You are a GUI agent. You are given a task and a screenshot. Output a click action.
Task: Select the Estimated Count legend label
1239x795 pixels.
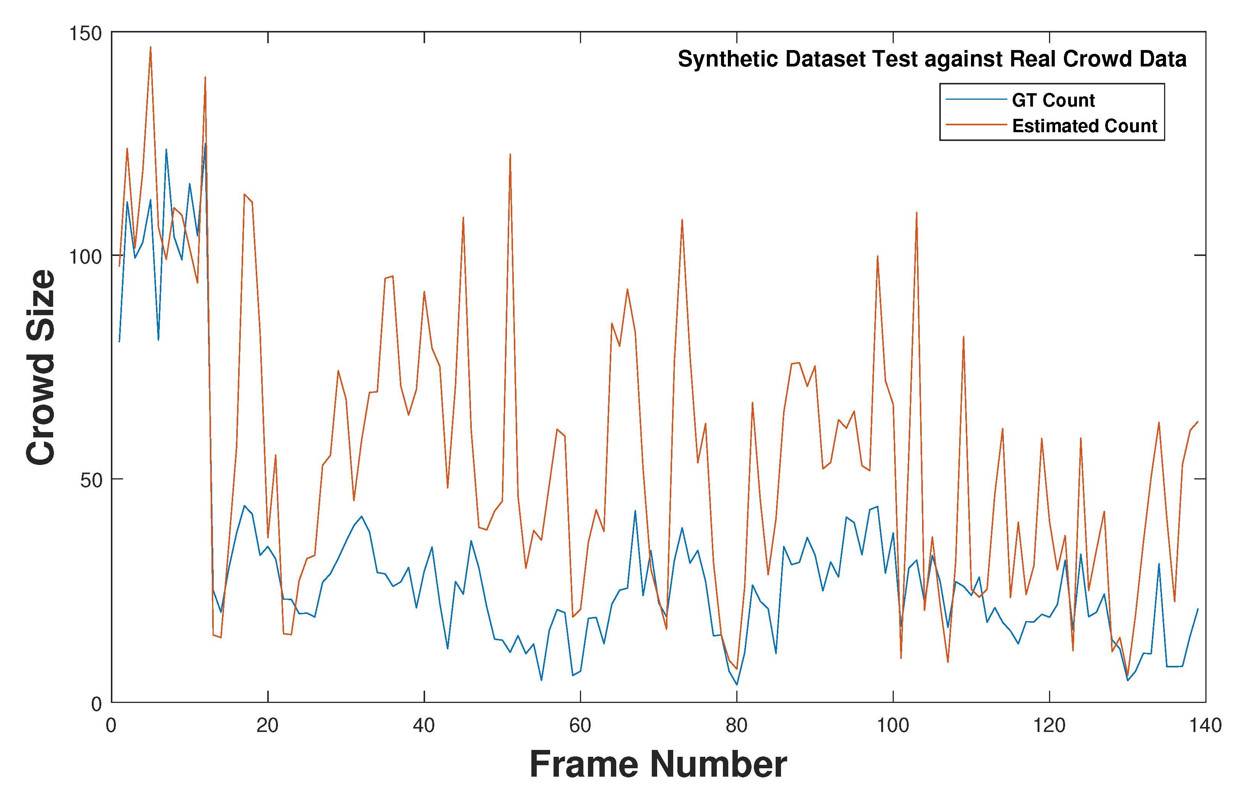[x=1084, y=126]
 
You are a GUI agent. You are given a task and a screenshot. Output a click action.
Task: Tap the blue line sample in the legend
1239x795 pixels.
[x=976, y=99]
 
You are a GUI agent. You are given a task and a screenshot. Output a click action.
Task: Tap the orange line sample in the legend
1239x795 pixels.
[x=976, y=125]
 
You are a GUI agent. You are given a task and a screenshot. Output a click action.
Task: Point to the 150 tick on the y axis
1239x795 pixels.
[x=85, y=34]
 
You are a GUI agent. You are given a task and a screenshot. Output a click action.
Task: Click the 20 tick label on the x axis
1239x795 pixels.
[x=268, y=726]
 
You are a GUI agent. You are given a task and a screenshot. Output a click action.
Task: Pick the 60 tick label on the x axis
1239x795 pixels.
[x=580, y=726]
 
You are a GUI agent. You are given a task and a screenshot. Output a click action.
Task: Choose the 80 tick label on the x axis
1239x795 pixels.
[x=736, y=726]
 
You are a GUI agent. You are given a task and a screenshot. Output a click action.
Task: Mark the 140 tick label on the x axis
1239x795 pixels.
[x=1205, y=726]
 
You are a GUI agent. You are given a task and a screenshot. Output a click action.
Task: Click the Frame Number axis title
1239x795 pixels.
[x=658, y=764]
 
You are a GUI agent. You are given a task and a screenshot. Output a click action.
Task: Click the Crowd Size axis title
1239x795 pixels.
[x=40, y=367]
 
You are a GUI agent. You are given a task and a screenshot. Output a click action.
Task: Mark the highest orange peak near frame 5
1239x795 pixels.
[x=150, y=47]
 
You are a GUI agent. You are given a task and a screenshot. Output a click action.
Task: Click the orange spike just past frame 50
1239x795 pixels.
[x=510, y=154]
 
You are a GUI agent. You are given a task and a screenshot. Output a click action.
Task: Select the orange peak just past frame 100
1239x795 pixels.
[x=916, y=212]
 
